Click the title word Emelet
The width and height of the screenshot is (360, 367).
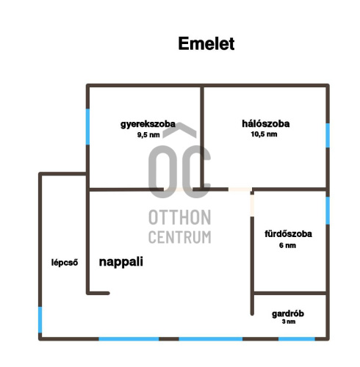(x=206, y=43)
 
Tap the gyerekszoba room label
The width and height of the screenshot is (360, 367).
(x=148, y=124)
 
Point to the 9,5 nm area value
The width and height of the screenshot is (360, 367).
(x=148, y=135)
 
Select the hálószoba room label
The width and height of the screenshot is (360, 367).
(x=266, y=123)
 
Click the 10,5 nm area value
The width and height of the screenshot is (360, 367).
(x=264, y=134)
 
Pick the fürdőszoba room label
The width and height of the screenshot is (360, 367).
(x=288, y=234)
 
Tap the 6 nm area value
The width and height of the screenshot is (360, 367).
(x=287, y=245)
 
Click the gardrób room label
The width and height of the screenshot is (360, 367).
(x=288, y=314)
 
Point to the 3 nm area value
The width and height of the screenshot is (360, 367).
(x=289, y=321)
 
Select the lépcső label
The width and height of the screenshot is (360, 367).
(x=65, y=263)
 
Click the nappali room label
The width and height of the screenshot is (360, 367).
(x=121, y=262)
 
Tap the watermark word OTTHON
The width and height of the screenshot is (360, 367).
(x=180, y=217)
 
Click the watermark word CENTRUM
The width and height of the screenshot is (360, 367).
(x=180, y=237)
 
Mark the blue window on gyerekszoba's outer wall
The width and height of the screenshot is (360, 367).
(x=87, y=127)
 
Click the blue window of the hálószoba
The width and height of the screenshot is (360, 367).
(x=328, y=136)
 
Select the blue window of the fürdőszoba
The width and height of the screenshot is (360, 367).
(x=328, y=211)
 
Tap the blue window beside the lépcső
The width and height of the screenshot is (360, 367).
(x=40, y=320)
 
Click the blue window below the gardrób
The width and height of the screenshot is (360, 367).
(x=297, y=339)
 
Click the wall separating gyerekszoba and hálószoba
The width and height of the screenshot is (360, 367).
(x=202, y=137)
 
